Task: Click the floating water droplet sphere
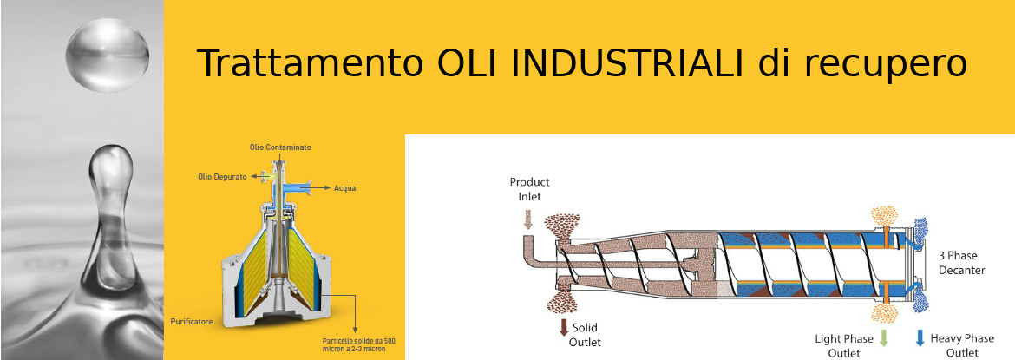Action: tap(108, 55)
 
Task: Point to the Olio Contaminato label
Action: tap(280, 147)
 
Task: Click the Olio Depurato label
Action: tap(222, 176)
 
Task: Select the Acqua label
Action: tap(345, 188)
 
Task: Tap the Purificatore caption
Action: tap(192, 321)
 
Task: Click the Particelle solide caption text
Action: tap(358, 344)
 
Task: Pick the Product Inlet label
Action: tap(529, 188)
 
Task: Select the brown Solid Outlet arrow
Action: tap(563, 326)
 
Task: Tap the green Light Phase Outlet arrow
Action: tap(884, 338)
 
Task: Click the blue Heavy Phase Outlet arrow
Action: tap(920, 338)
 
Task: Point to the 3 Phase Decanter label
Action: tap(961, 262)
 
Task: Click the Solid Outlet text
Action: tap(585, 335)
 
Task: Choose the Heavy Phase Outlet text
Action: tap(962, 345)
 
